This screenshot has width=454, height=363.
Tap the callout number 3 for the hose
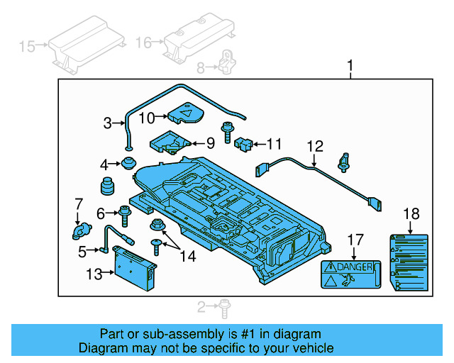point(107,123)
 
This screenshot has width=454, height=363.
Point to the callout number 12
point(314,146)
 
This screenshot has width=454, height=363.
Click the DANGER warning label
point(351,274)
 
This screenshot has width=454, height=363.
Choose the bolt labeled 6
point(126,212)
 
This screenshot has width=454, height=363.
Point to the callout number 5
point(82,250)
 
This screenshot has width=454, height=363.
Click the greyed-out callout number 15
point(26,47)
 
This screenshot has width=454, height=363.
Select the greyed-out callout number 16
point(144,43)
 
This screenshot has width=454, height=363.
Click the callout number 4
point(105,164)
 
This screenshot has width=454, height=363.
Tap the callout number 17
point(355,240)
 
